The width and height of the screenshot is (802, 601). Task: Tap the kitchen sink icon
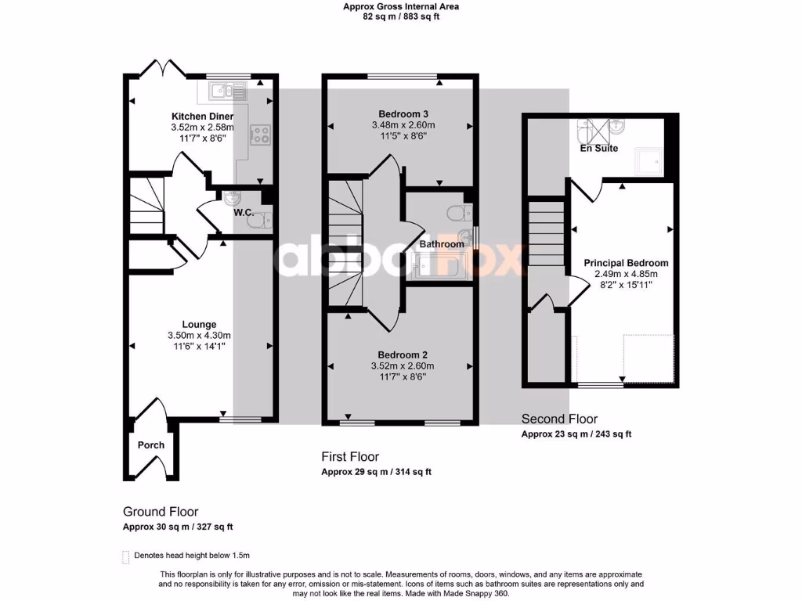pyautogui.click(x=227, y=92)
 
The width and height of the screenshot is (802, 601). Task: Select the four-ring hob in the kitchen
pyautogui.click(x=259, y=135)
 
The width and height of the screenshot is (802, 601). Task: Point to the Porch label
pyautogui.click(x=151, y=445)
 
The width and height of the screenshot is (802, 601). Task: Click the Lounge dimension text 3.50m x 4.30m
pyautogui.click(x=199, y=336)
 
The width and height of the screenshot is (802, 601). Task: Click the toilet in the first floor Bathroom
pyautogui.click(x=456, y=212)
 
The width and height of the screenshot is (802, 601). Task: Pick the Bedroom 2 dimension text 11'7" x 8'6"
pyautogui.click(x=402, y=376)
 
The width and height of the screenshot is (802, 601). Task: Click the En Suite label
pyautogui.click(x=598, y=148)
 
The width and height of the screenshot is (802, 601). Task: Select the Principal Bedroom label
pyautogui.click(x=627, y=263)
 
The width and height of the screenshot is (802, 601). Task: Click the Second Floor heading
pyautogui.click(x=559, y=419)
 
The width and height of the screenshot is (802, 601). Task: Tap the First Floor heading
pyautogui.click(x=350, y=456)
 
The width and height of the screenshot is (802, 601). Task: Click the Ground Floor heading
pyautogui.click(x=161, y=512)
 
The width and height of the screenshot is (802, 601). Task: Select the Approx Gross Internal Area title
pyautogui.click(x=401, y=6)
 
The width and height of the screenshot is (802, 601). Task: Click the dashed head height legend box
pyautogui.click(x=126, y=556)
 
